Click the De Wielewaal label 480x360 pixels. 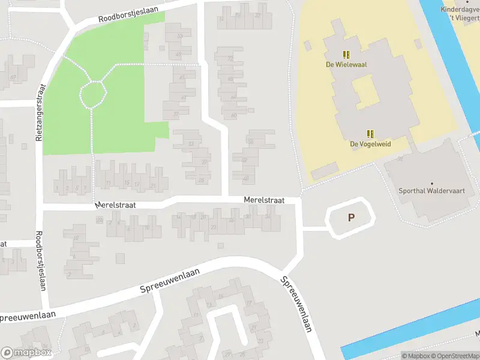pyautogui.click(x=346, y=64)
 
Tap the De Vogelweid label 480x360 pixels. pyautogui.click(x=370, y=144)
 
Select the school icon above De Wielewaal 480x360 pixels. pyautogui.click(x=346, y=54)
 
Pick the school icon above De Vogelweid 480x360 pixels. pyautogui.click(x=370, y=134)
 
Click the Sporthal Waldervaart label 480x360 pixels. pyautogui.click(x=431, y=191)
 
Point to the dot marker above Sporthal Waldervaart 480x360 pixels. pyautogui.click(x=431, y=182)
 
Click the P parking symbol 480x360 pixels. pyautogui.click(x=350, y=218)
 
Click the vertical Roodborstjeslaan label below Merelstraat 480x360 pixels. pyautogui.click(x=40, y=261)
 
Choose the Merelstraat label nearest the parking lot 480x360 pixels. pyautogui.click(x=264, y=200)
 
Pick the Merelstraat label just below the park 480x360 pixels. pyautogui.click(x=115, y=205)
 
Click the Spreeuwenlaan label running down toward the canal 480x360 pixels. pyautogui.click(x=296, y=305)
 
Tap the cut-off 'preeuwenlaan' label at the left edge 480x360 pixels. pyautogui.click(x=28, y=315)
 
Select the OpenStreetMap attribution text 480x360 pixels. pyautogui.click(x=456, y=356)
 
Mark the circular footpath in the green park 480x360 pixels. pyautogui.click(x=93, y=94)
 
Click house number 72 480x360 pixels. pyautogui.click(x=230, y=59)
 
